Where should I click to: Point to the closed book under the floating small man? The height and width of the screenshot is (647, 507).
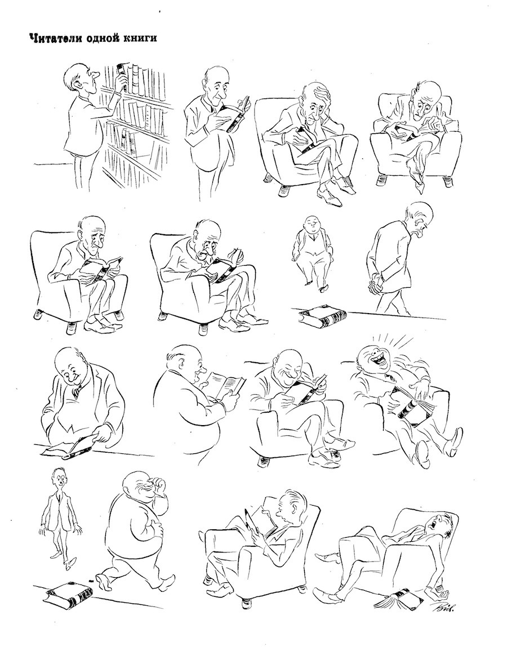click(323, 316)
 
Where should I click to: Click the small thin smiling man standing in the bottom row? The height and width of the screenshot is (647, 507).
click(60, 517)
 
